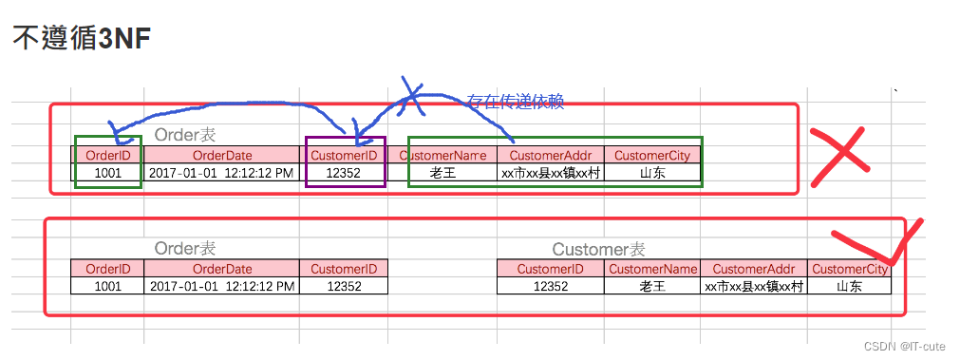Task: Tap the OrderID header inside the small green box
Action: click(107, 155)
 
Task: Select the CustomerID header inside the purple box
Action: click(345, 155)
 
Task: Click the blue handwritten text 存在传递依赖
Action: click(515, 101)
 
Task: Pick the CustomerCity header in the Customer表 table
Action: click(850, 269)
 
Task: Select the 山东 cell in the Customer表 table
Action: click(850, 286)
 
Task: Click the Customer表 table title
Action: click(598, 249)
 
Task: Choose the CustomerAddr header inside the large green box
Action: click(551, 155)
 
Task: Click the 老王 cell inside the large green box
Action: click(443, 173)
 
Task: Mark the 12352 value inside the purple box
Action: click(345, 173)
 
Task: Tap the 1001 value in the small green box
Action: click(107, 173)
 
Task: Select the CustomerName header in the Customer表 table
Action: click(652, 269)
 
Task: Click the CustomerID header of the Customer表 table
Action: click(551, 269)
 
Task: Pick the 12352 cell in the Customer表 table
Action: click(551, 286)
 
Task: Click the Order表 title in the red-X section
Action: click(185, 135)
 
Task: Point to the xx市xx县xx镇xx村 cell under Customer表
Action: click(754, 286)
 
